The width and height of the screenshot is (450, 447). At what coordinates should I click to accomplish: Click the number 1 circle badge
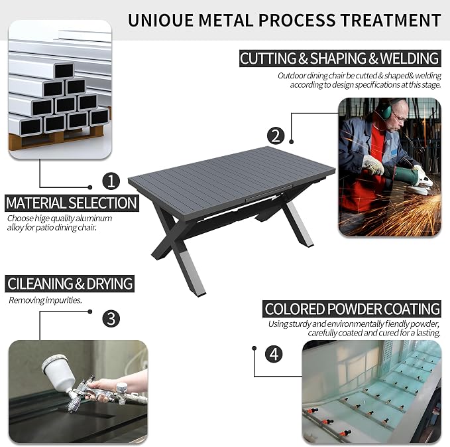[111, 181]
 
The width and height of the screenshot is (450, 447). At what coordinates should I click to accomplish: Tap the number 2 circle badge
[276, 135]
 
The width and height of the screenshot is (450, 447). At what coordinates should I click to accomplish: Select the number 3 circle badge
[111, 318]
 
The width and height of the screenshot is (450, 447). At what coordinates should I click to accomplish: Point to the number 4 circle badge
[274, 354]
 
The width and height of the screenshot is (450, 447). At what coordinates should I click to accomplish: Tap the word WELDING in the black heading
[410, 58]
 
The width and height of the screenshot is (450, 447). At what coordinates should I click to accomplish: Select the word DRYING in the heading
[109, 284]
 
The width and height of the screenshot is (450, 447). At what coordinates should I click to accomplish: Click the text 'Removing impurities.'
[45, 300]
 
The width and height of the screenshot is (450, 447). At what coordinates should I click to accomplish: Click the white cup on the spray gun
[57, 371]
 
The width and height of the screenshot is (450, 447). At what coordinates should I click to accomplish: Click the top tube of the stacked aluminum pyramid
[64, 70]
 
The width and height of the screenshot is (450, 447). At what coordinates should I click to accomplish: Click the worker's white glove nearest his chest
[373, 165]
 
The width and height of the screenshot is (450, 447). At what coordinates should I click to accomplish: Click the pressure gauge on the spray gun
[121, 388]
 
